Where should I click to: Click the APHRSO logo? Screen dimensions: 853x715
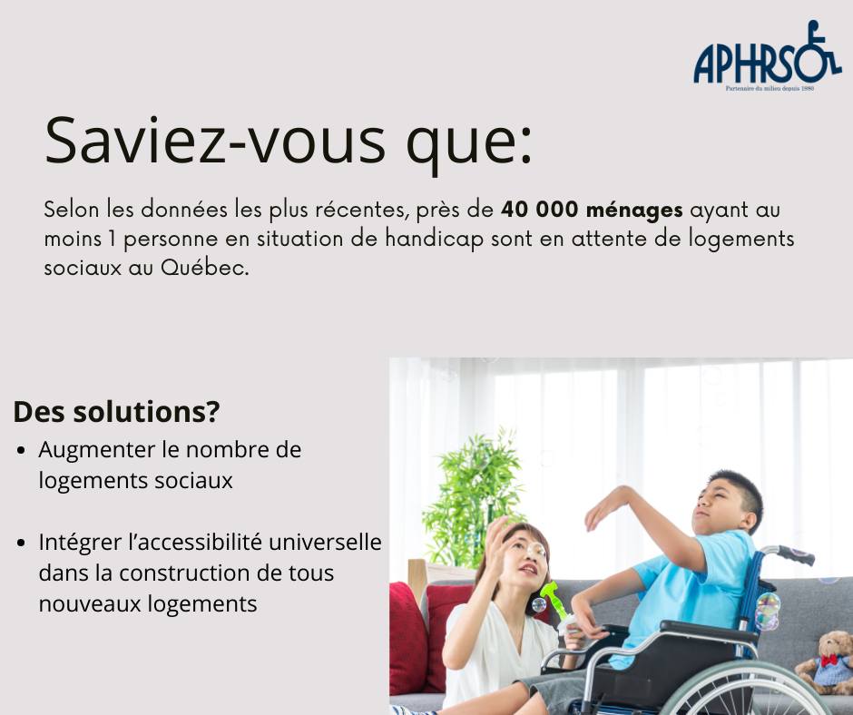pyautogui.click(x=768, y=55)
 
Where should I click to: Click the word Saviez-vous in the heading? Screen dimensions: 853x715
pyautogui.click(x=215, y=140)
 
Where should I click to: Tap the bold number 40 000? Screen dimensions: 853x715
pyautogui.click(x=539, y=210)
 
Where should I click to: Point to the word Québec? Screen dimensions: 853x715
pyautogui.click(x=204, y=268)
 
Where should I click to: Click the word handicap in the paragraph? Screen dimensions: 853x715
pyautogui.click(x=434, y=240)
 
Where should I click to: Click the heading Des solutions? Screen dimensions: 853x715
pyautogui.click(x=116, y=412)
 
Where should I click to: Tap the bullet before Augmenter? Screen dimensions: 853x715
pyautogui.click(x=21, y=451)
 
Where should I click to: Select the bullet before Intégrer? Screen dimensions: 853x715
pyautogui.click(x=21, y=543)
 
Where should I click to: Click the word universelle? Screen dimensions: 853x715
pyautogui.click(x=325, y=542)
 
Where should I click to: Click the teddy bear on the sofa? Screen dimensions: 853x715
pyautogui.click(x=824, y=662)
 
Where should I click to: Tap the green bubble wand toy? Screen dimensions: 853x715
pyautogui.click(x=555, y=602)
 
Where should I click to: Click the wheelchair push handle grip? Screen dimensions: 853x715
pyautogui.click(x=796, y=553)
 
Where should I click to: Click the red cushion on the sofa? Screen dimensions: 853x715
pyautogui.click(x=408, y=638)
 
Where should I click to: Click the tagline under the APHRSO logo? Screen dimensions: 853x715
pyautogui.click(x=770, y=88)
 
